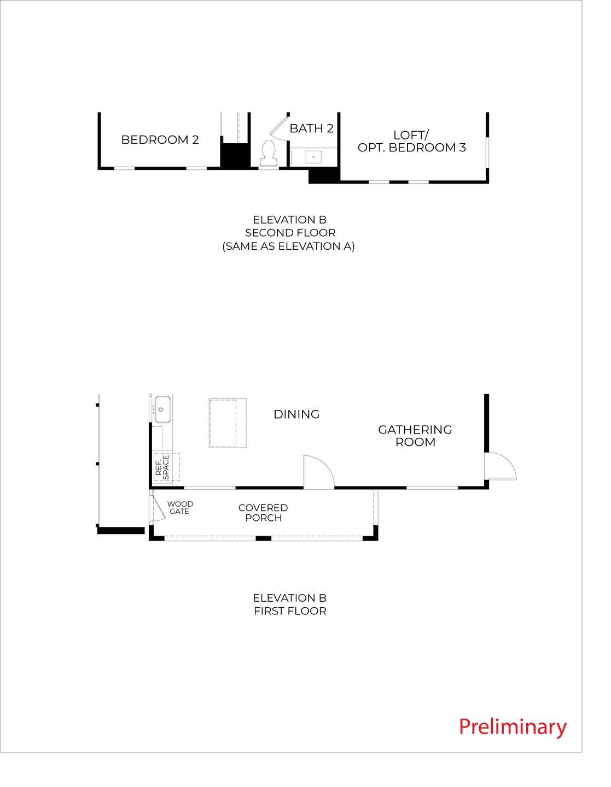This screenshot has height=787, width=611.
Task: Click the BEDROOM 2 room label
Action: point(160,140)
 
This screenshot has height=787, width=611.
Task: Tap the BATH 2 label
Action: point(311,128)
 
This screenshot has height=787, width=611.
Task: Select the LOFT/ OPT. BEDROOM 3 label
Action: point(411,141)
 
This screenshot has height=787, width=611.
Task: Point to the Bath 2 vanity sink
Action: point(313,157)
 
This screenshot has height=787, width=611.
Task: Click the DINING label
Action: point(296,414)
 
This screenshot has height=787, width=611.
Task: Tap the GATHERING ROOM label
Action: point(415,436)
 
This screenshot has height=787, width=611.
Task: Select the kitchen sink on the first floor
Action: point(162,409)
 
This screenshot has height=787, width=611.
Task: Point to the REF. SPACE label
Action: point(162,467)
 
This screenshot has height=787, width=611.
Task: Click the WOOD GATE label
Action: point(180,508)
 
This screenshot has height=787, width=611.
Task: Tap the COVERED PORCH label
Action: point(263,513)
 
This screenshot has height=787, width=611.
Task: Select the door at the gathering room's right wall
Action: point(501,467)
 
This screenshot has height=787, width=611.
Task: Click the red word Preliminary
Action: point(513,727)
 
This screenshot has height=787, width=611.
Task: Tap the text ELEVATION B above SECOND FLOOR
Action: point(290,220)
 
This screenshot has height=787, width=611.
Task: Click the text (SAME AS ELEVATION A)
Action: point(289,246)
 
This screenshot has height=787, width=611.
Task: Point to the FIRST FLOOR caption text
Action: point(290,611)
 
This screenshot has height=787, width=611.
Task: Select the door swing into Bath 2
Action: point(280,128)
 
